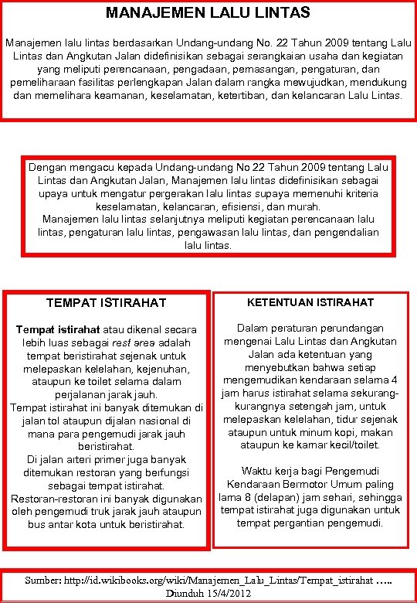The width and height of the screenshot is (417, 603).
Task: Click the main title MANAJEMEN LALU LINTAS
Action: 208,12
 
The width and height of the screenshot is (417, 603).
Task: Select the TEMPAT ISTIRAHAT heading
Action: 107,301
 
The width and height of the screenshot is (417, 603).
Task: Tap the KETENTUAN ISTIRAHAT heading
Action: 312,301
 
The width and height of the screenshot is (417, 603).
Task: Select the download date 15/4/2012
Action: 229,593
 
